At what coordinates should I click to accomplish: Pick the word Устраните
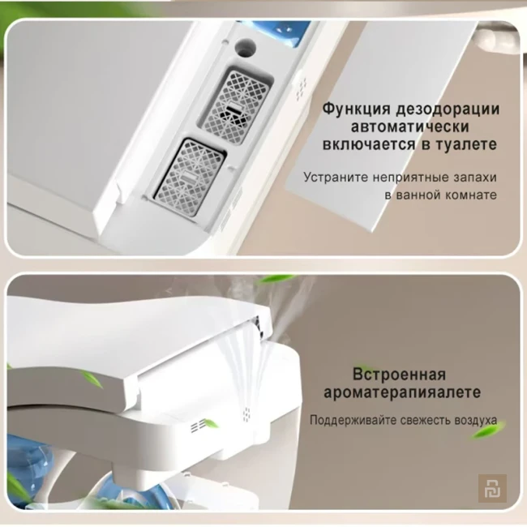point(334,177)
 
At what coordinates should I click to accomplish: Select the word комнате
point(466,195)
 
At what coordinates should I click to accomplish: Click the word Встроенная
point(399,375)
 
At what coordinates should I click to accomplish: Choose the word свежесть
point(427,422)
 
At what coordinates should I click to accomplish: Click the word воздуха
point(477,422)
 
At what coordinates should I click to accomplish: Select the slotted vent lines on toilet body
point(198,425)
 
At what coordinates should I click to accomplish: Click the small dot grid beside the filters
point(300,84)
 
